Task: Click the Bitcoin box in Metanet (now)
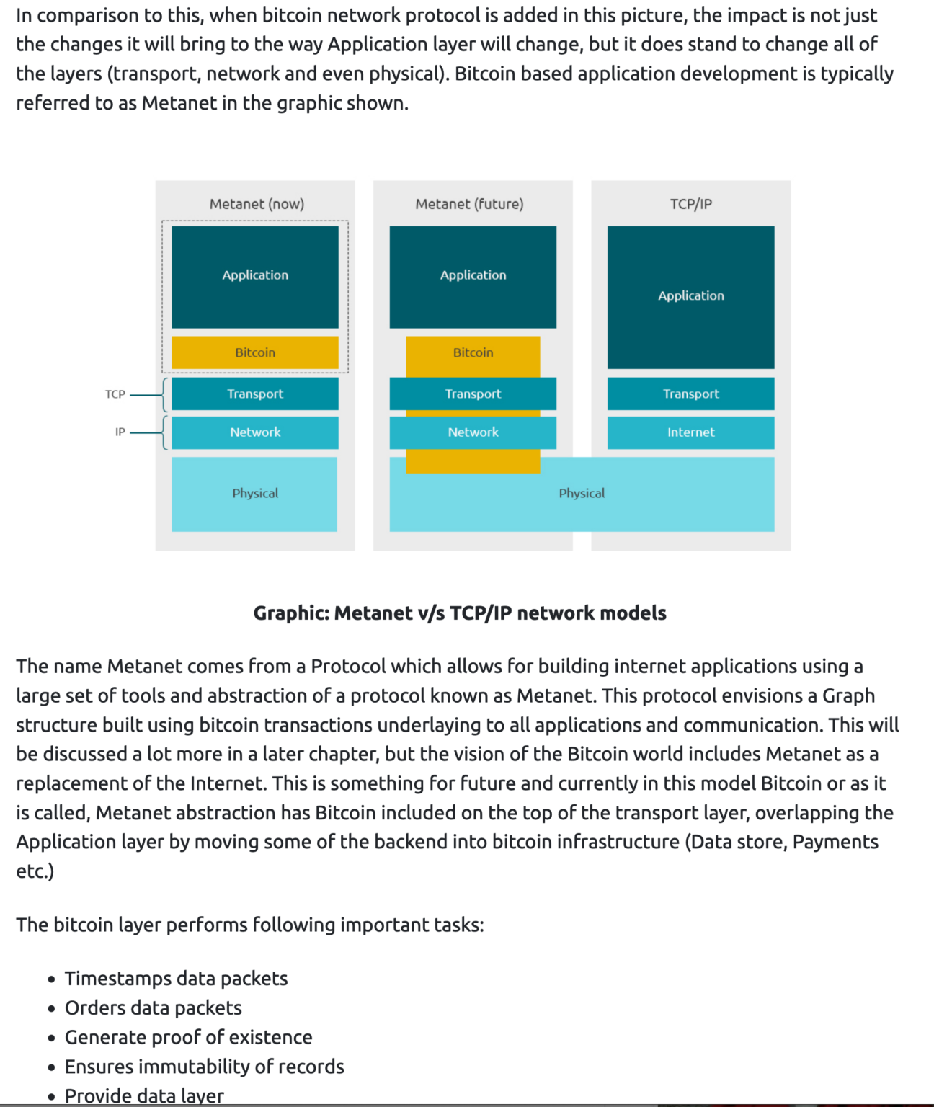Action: pyautogui.click(x=255, y=352)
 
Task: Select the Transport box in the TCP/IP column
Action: pyautogui.click(x=690, y=394)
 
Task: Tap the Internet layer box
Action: pyautogui.click(x=690, y=432)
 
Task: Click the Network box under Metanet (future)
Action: pyautogui.click(x=473, y=432)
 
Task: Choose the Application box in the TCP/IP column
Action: pyautogui.click(x=690, y=298)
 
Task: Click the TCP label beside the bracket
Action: pyautogui.click(x=115, y=394)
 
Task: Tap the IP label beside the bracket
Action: pyautogui.click(x=120, y=432)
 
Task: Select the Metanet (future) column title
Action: pyautogui.click(x=470, y=204)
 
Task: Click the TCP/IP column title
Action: pyautogui.click(x=690, y=204)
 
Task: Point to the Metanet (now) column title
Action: pyautogui.click(x=257, y=204)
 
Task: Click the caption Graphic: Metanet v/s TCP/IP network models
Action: pyautogui.click(x=460, y=613)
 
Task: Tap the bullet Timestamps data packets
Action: pyautogui.click(x=176, y=978)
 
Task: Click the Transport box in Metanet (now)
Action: pyautogui.click(x=255, y=394)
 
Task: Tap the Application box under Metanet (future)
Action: pyautogui.click(x=473, y=277)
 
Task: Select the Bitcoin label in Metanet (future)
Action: pyautogui.click(x=473, y=352)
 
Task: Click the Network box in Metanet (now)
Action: pyautogui.click(x=255, y=432)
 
